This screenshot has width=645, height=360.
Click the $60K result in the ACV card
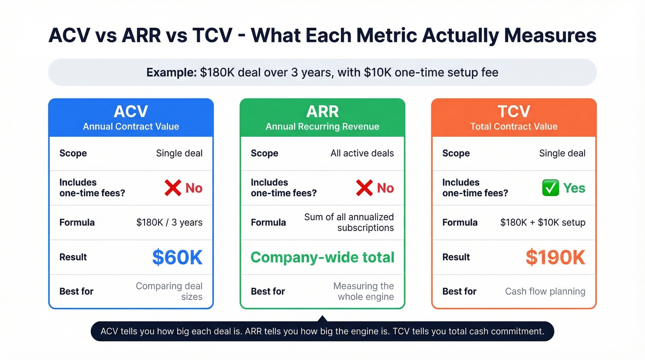(177, 257)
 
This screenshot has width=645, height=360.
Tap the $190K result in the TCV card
(555, 257)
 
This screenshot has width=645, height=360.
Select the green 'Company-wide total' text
(322, 257)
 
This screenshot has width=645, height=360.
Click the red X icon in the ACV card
(173, 188)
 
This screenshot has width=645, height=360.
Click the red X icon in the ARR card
(364, 188)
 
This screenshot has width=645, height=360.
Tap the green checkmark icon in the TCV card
(550, 188)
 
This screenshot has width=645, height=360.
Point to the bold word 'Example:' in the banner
(171, 72)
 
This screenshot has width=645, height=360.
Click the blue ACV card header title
(131, 112)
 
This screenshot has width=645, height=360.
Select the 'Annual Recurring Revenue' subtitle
(322, 126)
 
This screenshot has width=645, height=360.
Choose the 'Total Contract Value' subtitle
(514, 126)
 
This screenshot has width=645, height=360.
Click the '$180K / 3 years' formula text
(169, 223)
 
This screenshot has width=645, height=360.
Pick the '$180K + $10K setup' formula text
(543, 223)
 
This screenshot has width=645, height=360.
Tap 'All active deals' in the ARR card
(362, 153)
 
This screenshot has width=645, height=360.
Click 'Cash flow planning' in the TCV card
(545, 291)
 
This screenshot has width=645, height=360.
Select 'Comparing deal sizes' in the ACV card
(170, 291)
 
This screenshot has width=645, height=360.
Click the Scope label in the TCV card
(456, 153)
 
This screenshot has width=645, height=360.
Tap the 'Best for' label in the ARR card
(268, 291)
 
